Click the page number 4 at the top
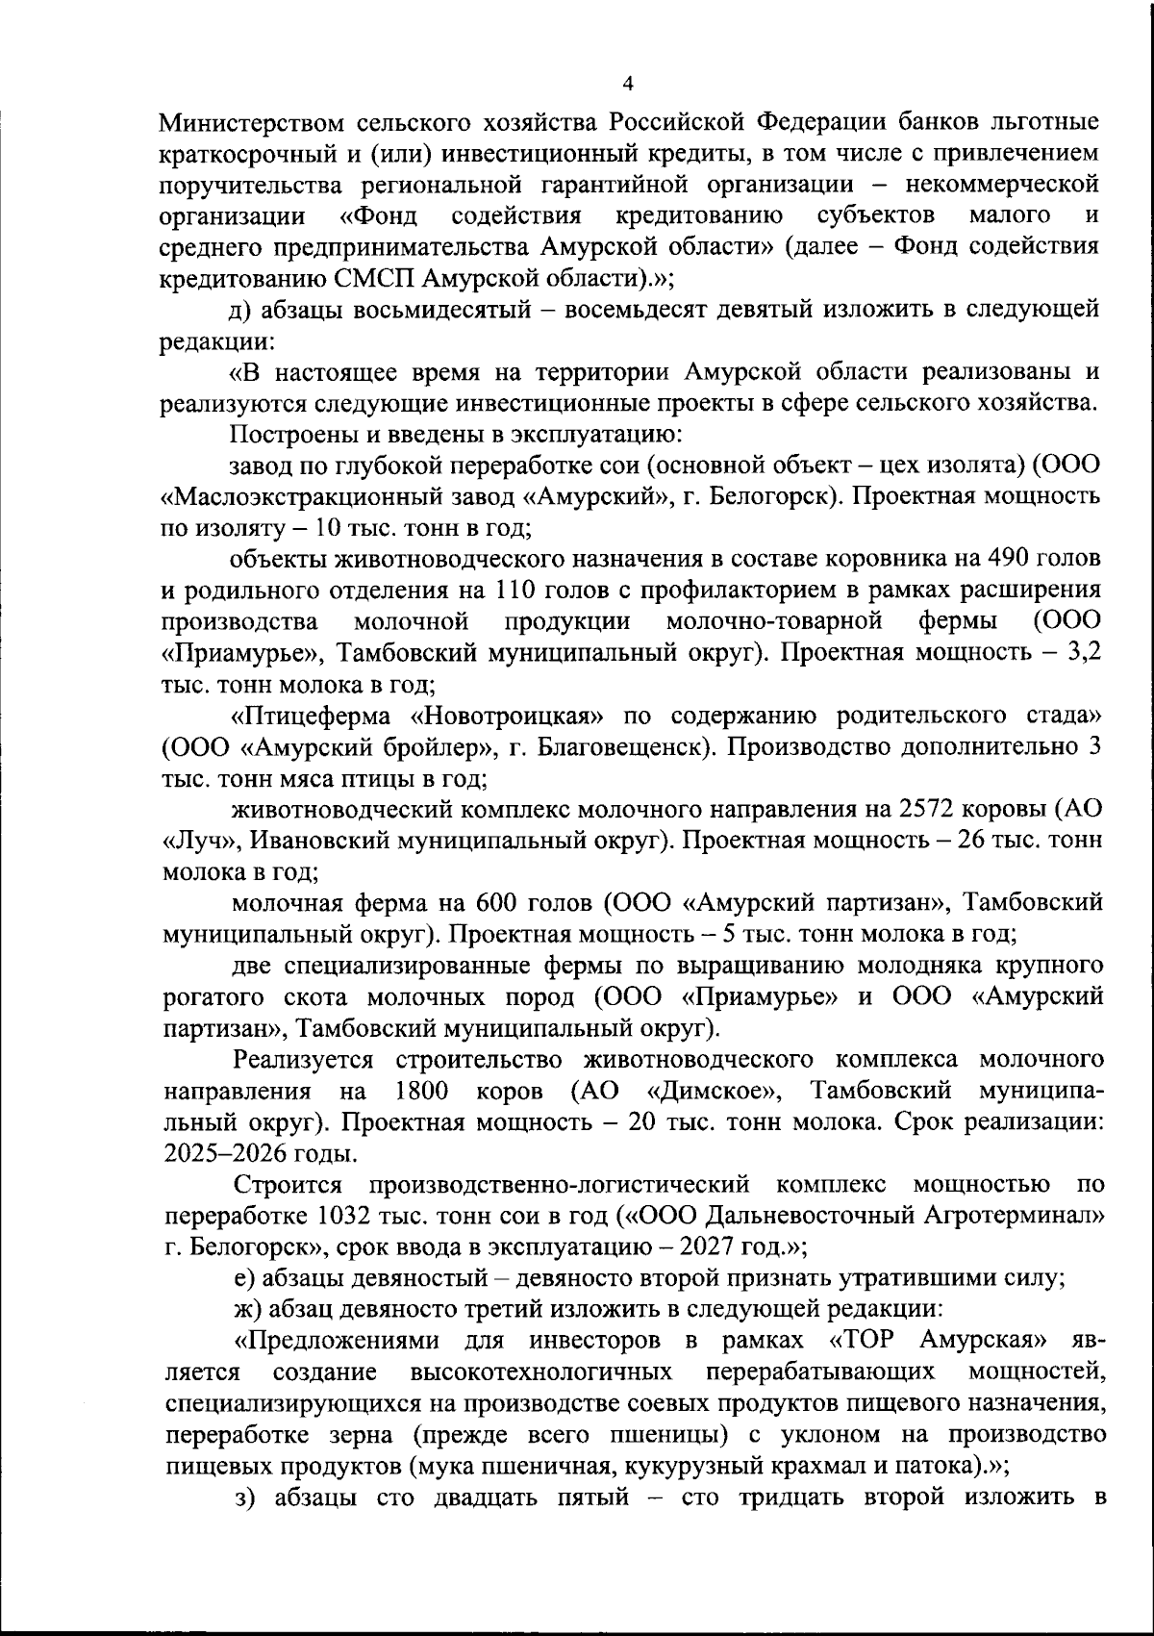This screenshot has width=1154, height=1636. point(628,85)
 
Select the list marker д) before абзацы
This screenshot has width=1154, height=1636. point(238,310)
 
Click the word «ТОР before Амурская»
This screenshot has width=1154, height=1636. point(866,1340)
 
